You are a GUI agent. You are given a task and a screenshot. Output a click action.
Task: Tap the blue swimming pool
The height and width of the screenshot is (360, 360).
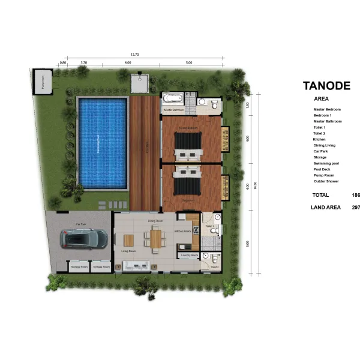[103, 143]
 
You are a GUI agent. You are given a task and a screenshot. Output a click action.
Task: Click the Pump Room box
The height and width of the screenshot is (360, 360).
[43, 83]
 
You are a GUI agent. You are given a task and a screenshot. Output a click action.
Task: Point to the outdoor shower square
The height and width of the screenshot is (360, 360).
[139, 82]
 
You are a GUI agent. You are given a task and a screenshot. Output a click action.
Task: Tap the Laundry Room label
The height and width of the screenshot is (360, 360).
[190, 255]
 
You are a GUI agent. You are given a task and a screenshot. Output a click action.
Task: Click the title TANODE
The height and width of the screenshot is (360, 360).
[326, 86]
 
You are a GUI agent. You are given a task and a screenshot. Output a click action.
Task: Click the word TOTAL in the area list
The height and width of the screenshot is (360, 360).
[321, 195]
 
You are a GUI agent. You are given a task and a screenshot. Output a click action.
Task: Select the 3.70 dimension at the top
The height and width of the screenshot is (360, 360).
[84, 62]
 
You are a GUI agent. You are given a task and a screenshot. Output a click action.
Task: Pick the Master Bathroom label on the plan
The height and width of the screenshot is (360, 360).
[173, 110]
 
